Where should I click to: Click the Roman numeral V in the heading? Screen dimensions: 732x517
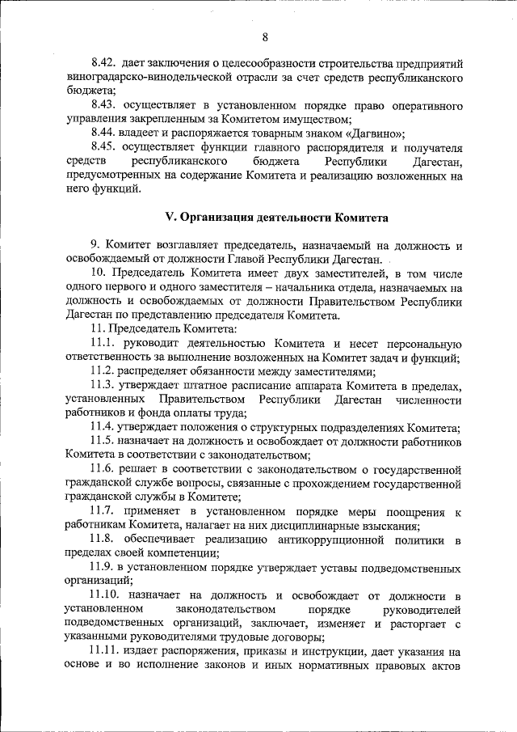click(169, 218)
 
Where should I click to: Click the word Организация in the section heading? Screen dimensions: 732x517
click(219, 218)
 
